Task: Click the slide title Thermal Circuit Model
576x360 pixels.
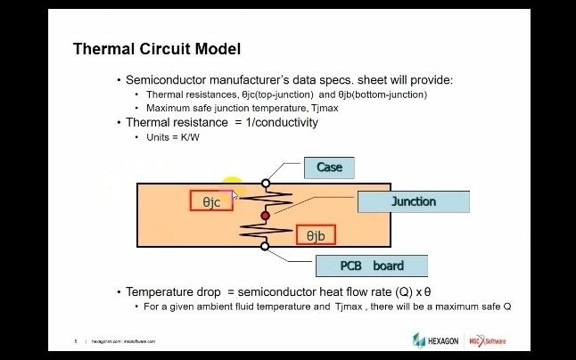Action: pyautogui.click(x=156, y=48)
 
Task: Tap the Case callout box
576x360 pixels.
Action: pyautogui.click(x=329, y=167)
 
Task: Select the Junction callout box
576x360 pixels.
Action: pyautogui.click(x=413, y=201)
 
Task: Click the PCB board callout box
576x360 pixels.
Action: pyautogui.click(x=371, y=266)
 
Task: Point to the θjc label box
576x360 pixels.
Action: pyautogui.click(x=211, y=201)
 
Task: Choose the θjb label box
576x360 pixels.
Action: pyautogui.click(x=316, y=235)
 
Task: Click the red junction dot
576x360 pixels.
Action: pyautogui.click(x=265, y=216)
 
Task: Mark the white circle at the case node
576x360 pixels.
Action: pyautogui.click(x=265, y=184)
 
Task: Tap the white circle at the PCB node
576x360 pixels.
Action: pyautogui.click(x=265, y=246)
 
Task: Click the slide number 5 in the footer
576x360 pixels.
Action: pyautogui.click(x=76, y=340)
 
